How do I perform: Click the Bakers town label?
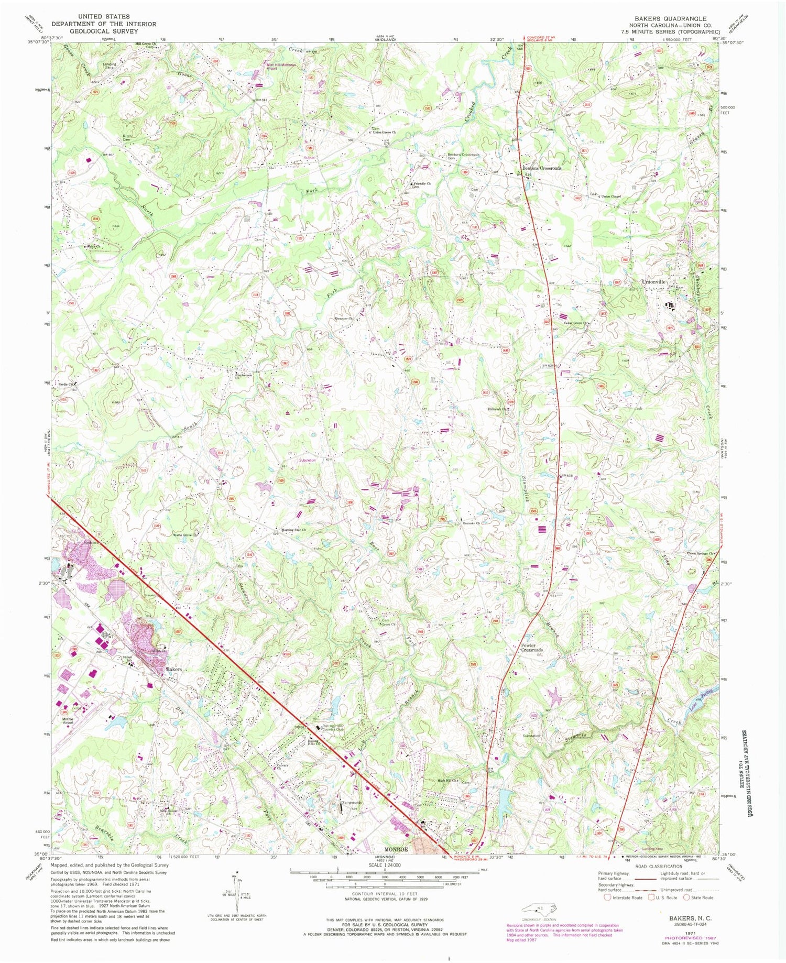[173, 670]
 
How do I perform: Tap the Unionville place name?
[653, 282]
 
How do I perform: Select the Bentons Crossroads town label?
[541, 168]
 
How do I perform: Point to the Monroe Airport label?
[68, 720]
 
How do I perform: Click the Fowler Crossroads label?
[532, 648]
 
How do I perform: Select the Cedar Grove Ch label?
[576, 323]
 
